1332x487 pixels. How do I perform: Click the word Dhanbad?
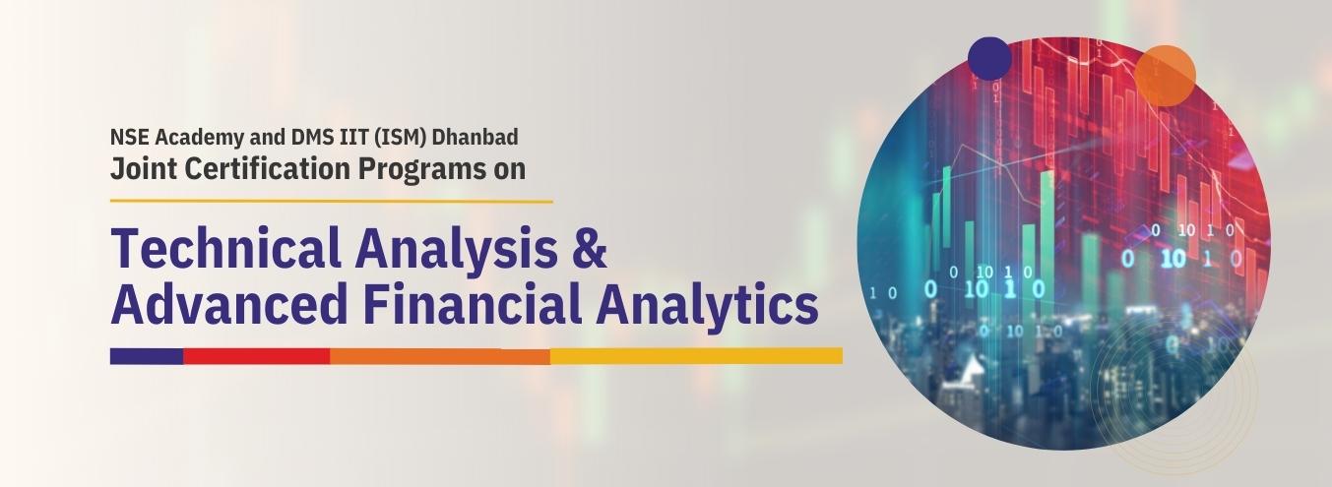pos(475,137)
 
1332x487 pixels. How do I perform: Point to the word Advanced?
pos(229,304)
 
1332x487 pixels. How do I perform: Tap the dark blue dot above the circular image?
pos(989,58)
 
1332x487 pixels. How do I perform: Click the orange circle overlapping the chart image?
pos(1165,76)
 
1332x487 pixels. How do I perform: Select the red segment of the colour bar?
pos(256,356)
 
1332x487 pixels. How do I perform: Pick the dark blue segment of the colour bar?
pos(147,356)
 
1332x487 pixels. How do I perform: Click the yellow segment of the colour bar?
pos(696,356)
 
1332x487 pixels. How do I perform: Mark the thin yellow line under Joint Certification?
pos(331,202)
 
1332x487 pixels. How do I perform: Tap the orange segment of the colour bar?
pos(440,356)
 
